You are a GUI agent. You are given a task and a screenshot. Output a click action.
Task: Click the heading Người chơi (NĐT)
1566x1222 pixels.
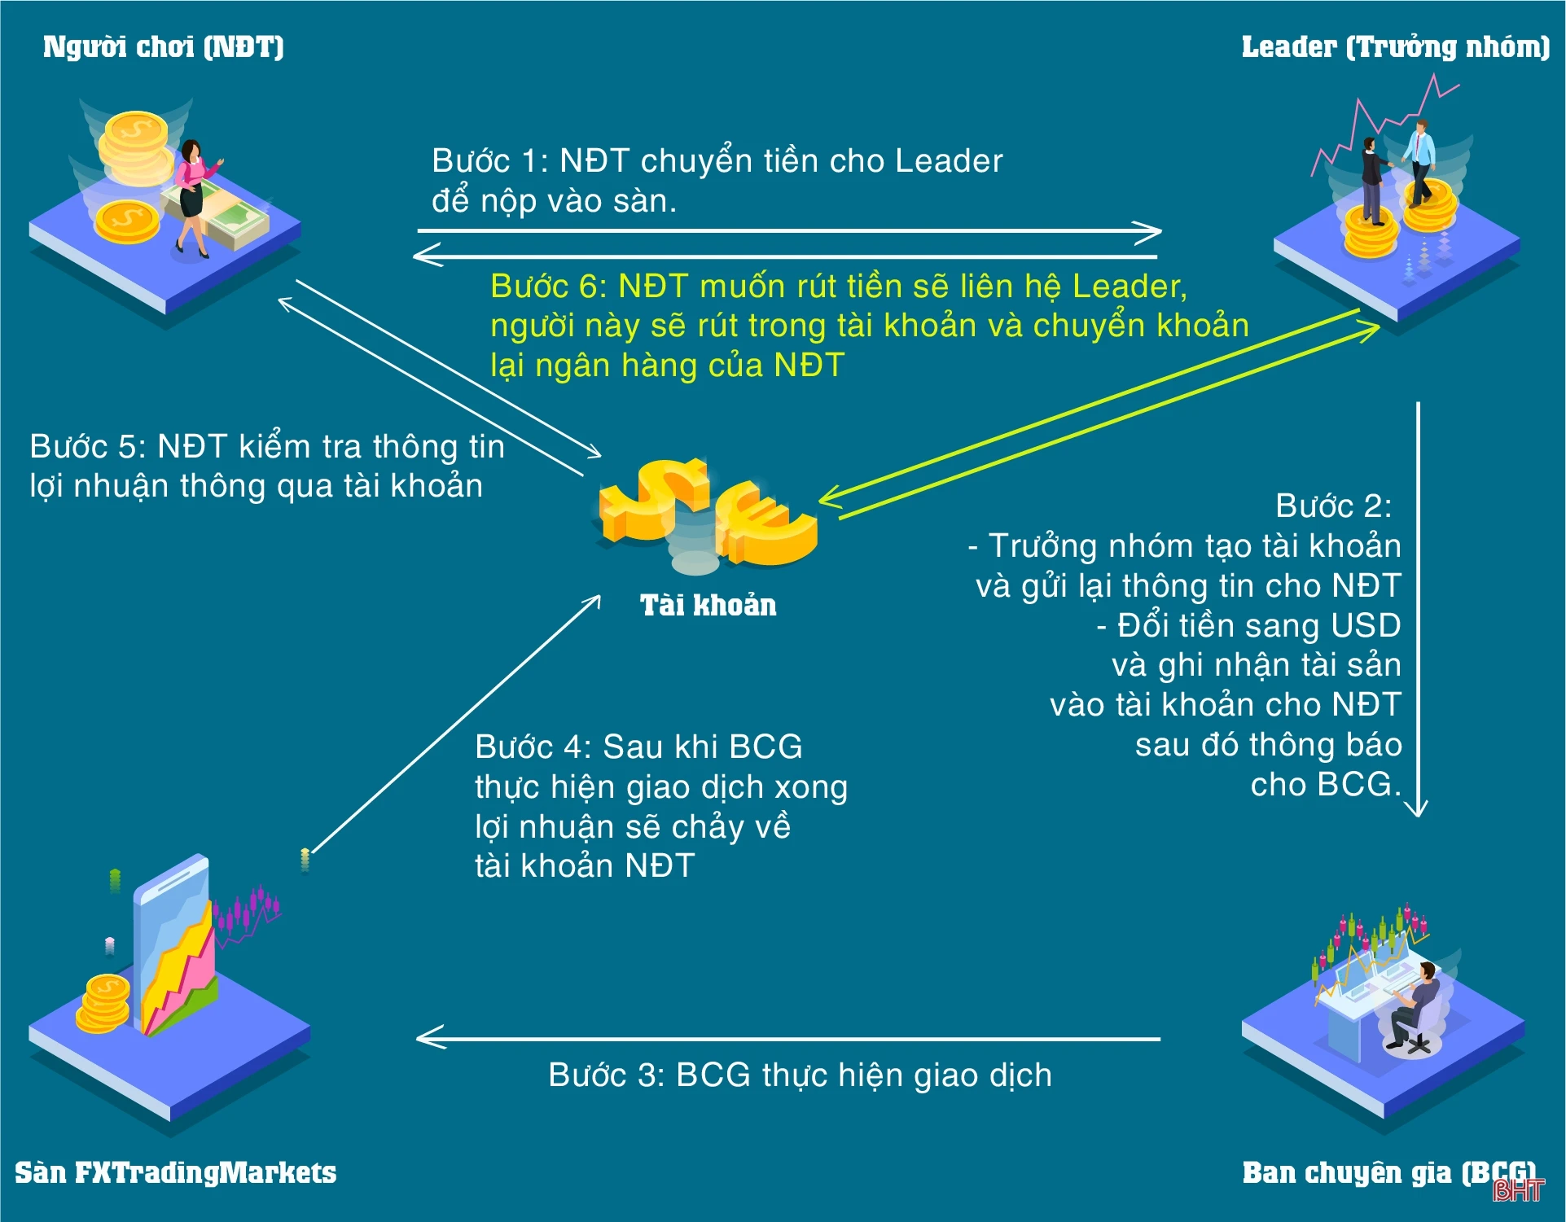(163, 47)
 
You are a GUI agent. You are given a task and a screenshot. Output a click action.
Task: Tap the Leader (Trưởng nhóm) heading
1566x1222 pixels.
(1395, 47)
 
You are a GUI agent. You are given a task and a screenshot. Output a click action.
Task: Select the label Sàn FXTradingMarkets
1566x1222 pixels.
(175, 1173)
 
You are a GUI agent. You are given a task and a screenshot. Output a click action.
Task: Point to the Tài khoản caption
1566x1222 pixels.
(708, 606)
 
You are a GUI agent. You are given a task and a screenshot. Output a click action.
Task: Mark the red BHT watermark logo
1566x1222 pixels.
(1517, 1191)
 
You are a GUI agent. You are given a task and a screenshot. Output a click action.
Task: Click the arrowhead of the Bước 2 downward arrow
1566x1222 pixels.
(1417, 809)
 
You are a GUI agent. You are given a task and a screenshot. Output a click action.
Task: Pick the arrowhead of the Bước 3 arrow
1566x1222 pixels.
(425, 1038)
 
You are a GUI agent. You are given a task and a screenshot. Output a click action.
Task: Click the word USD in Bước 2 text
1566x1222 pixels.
(1365, 626)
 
